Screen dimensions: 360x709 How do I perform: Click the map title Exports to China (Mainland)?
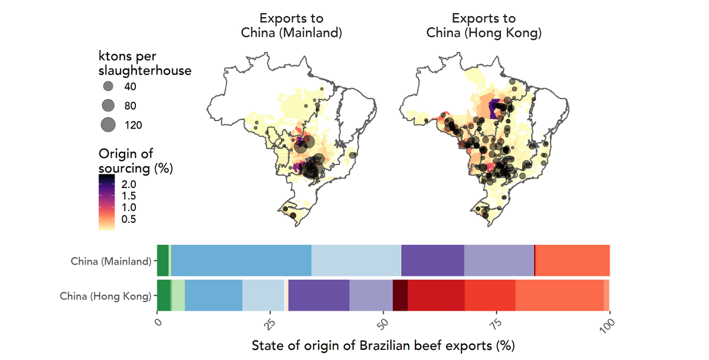[291, 25]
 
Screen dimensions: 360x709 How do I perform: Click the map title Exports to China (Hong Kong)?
[483, 25]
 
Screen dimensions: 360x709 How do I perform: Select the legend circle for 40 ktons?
[108, 86]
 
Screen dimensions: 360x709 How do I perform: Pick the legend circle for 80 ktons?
[108, 106]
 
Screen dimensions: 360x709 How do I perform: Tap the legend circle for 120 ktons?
[108, 125]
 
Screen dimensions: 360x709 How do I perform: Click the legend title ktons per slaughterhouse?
[145, 63]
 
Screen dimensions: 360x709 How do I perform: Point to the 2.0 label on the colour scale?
[129, 184]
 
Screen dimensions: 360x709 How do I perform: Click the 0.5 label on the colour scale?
[129, 219]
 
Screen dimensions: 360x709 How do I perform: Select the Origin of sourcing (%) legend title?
[135, 161]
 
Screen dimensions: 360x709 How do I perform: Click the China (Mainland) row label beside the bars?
[111, 261]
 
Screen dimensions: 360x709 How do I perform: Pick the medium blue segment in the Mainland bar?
[241, 260]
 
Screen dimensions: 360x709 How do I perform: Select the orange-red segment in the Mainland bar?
[572, 260]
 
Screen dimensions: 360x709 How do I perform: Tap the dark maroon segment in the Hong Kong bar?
[400, 296]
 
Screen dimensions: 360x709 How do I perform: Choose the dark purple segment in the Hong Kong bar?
[319, 296]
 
